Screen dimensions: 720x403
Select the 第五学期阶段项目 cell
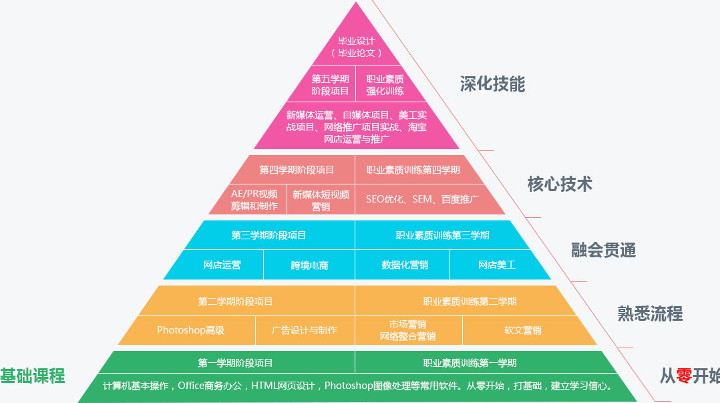click(330, 85)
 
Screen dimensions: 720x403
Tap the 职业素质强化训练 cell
click(385, 85)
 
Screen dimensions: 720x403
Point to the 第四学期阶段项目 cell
click(297, 170)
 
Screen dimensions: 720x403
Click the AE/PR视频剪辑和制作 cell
click(254, 200)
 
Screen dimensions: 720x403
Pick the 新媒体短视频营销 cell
click(321, 200)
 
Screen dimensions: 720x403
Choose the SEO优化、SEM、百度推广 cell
click(422, 199)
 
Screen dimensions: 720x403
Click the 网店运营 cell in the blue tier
click(222, 265)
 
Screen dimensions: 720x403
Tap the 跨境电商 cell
click(309, 265)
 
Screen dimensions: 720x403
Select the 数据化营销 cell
click(405, 265)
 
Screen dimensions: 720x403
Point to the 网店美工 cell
click(497, 265)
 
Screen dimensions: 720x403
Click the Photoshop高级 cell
click(190, 330)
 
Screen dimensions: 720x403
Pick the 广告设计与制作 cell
click(305, 330)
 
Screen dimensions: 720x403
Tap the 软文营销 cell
click(522, 330)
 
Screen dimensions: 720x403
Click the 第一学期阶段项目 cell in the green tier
click(235, 363)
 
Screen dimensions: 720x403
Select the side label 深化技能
click(492, 84)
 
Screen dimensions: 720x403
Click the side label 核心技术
click(560, 184)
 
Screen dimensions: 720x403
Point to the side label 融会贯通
click(603, 251)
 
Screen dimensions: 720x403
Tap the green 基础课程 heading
click(32, 376)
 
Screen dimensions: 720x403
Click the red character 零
click(684, 376)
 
